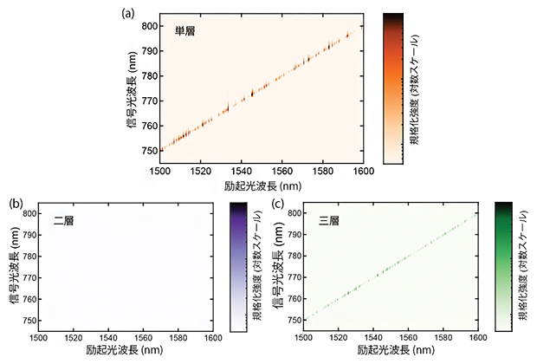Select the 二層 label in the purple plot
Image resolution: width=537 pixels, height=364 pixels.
pos(63,220)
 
